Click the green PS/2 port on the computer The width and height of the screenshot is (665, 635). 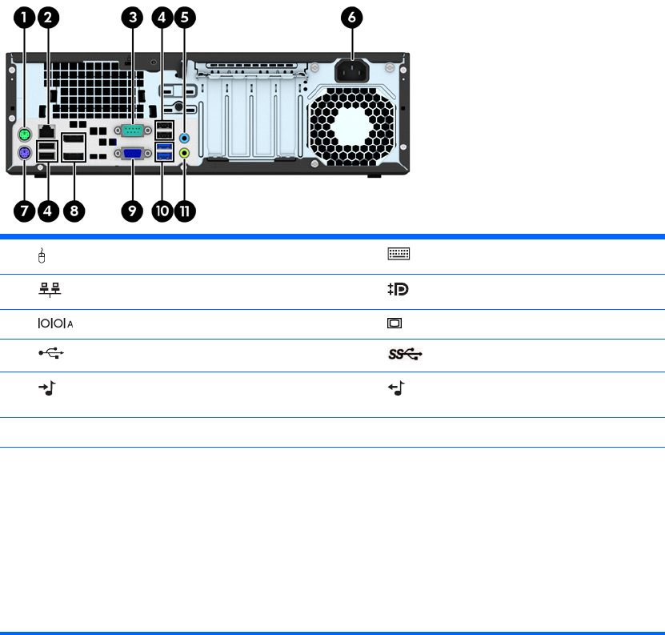[25, 135]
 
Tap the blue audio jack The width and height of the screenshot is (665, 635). [186, 137]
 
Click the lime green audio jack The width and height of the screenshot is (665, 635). [186, 151]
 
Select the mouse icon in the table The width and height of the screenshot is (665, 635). [42, 255]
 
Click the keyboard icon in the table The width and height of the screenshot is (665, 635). [399, 255]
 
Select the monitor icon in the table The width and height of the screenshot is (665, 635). [395, 324]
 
